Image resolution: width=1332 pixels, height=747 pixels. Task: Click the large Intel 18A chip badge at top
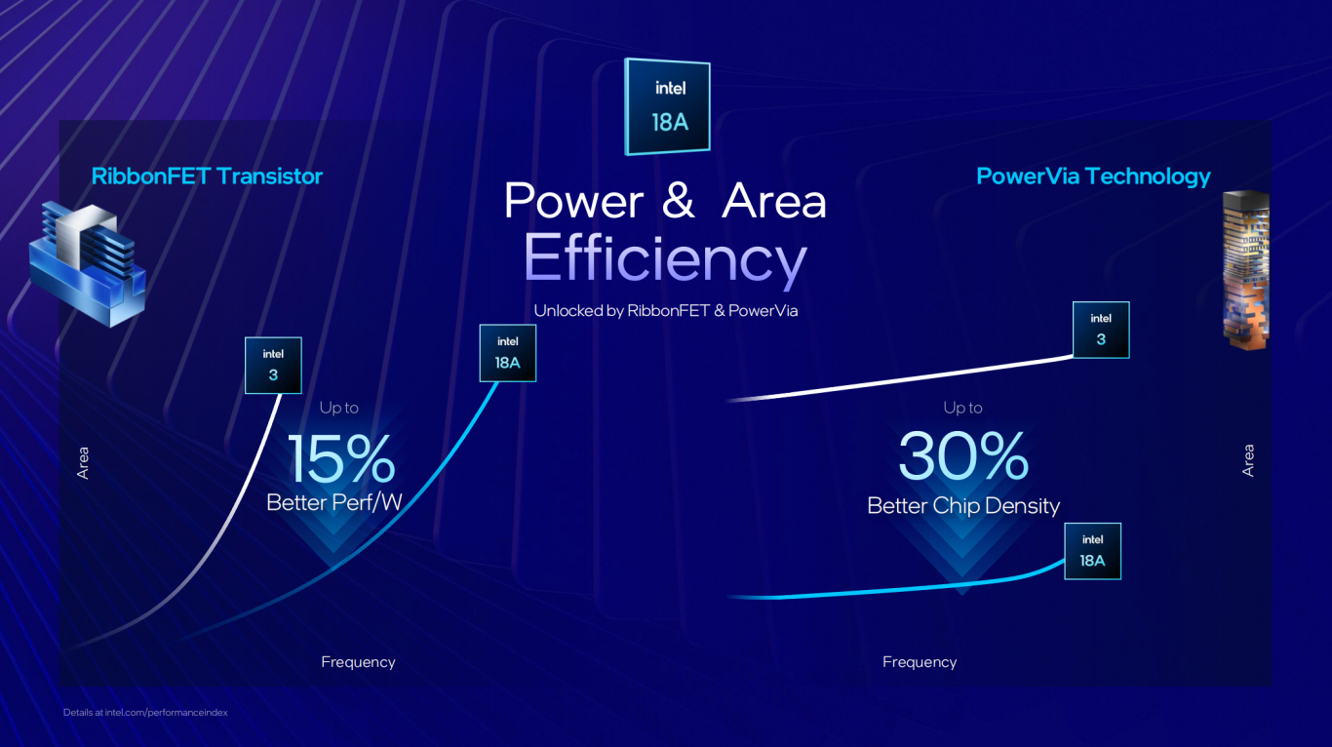coord(667,107)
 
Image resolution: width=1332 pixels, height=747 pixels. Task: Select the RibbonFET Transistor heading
coord(207,177)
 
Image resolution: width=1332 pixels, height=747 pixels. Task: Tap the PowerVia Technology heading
coord(1093,177)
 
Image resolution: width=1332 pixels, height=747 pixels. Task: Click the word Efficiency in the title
coord(665,258)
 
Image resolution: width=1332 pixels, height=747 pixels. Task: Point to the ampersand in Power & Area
coord(678,200)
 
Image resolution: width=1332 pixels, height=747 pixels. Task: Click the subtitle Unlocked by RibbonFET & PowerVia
coord(665,310)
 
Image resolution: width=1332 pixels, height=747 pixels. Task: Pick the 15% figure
coord(340,458)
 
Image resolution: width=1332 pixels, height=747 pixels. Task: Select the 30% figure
coord(963,456)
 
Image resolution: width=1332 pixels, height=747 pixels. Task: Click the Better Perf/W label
coord(334,502)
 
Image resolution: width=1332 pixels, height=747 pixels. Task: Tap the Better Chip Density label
coord(963,505)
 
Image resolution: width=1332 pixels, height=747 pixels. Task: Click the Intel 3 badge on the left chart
coord(273,365)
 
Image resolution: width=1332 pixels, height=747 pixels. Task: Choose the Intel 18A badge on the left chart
coord(508,353)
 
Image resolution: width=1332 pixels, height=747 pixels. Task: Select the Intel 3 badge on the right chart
coord(1101,330)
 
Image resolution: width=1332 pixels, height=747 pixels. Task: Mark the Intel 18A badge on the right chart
coord(1092,551)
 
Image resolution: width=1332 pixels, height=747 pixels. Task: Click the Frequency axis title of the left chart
coord(358,662)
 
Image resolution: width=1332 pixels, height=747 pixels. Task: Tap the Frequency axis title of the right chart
coord(920,662)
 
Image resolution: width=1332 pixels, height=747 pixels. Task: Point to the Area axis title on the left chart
coord(83,462)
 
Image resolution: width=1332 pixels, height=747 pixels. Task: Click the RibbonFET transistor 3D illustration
coord(88,263)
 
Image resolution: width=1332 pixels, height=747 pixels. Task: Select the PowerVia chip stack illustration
coord(1246,270)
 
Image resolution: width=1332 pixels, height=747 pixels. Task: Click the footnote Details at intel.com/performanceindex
coord(145,713)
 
